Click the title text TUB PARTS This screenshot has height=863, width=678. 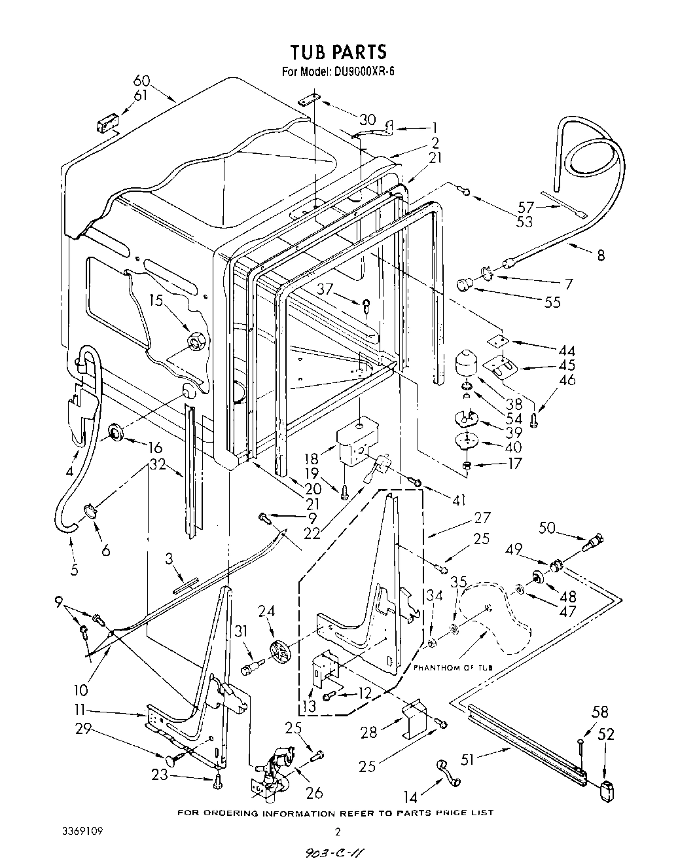[338, 52]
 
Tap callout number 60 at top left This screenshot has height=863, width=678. [141, 82]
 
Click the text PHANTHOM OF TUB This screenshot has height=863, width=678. [452, 667]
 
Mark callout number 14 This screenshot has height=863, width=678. [410, 797]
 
